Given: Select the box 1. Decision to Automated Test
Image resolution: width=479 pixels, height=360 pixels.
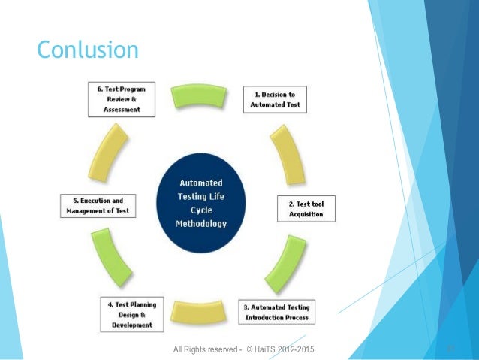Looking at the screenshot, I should [276, 100].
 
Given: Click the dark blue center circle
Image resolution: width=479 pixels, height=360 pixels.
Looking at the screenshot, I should [200, 203].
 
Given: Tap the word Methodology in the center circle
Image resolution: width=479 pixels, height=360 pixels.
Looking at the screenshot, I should [200, 224].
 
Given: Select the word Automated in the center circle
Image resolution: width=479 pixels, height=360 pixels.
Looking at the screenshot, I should [200, 183].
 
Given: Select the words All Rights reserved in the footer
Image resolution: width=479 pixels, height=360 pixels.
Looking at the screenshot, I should [203, 349].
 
